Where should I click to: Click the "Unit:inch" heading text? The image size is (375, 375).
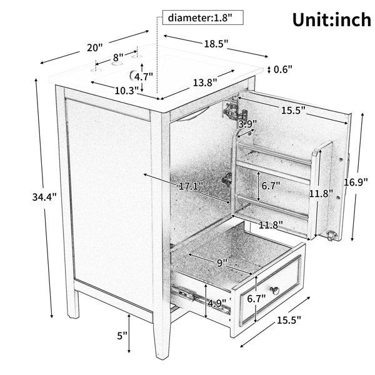point(332,20)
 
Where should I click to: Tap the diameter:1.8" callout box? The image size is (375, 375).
point(202,17)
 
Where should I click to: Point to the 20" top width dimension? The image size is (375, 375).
point(94,47)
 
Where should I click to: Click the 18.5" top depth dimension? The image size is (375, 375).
point(216,44)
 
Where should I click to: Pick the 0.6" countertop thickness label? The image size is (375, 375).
point(283,69)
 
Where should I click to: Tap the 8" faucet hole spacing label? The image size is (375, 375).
point(118,57)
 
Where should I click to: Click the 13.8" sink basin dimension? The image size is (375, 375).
point(205,82)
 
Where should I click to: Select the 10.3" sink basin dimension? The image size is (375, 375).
point(127,91)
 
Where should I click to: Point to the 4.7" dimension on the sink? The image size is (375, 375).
point(144,77)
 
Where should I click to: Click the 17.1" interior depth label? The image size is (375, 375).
point(191,186)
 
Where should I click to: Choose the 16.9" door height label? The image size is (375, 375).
point(356,182)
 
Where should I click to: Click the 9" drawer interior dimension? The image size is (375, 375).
point(222,263)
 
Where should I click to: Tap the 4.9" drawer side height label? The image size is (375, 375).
point(217,303)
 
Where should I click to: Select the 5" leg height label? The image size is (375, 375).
point(122,336)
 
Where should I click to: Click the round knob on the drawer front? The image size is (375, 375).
point(275,290)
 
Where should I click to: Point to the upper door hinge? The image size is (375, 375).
point(234,110)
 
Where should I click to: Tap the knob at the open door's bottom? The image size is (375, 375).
point(332,236)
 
